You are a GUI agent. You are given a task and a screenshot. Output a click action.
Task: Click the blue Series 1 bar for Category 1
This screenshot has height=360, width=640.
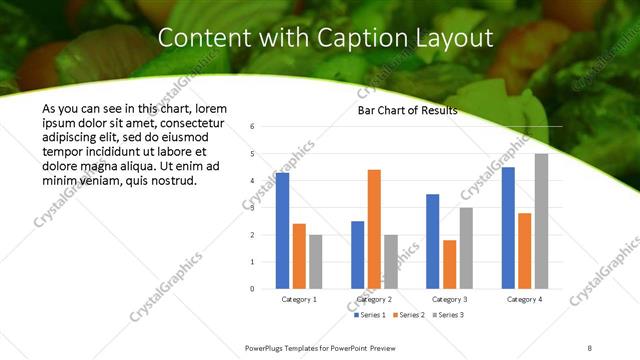pos(283,231)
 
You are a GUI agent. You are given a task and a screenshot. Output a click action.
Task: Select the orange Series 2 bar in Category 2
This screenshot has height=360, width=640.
pos(374,229)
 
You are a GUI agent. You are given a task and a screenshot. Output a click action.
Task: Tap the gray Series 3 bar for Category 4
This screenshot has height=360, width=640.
pos(541,221)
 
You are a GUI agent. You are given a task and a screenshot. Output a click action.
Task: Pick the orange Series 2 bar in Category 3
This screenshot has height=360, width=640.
pos(449,264)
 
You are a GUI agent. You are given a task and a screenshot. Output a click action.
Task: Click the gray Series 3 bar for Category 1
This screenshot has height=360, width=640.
pos(316,262)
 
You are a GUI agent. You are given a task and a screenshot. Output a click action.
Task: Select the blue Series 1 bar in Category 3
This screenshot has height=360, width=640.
pos(432,241)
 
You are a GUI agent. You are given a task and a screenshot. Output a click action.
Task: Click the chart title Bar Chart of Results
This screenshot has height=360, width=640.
pos(407,111)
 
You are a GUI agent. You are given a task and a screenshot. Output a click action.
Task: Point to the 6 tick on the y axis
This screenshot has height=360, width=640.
pos(254,127)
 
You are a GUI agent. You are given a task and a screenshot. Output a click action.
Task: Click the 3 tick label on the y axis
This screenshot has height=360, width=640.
pos(254,208)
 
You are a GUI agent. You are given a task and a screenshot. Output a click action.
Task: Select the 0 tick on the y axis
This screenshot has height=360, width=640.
pos(254,289)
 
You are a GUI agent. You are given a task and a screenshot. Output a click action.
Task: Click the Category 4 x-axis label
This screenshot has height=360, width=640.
pos(524,299)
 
